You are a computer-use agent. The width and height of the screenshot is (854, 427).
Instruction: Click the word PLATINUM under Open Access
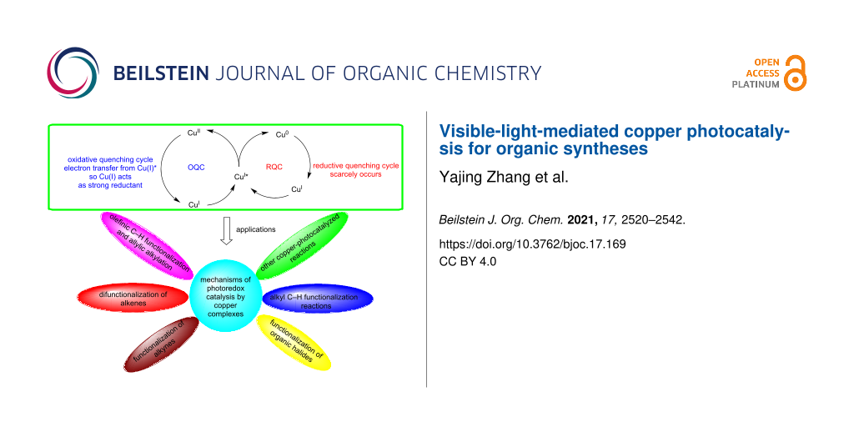click(756, 85)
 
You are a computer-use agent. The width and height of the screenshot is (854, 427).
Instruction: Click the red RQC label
click(274, 166)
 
